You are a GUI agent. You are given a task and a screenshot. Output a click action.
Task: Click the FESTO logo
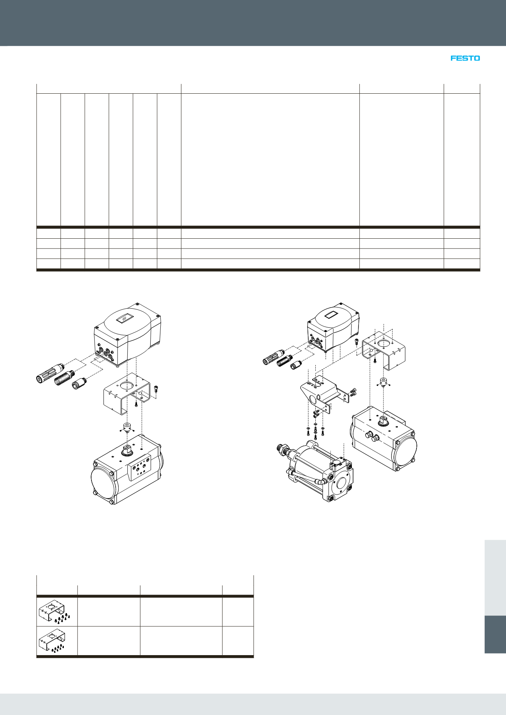click(x=465, y=58)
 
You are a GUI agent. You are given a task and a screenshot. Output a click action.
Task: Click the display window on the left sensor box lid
click(x=124, y=318)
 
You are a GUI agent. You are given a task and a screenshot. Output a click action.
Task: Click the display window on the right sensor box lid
click(x=332, y=315)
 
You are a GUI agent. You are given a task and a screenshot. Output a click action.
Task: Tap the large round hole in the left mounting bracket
click(x=127, y=386)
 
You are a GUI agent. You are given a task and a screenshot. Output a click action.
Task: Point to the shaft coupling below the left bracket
click(x=127, y=427)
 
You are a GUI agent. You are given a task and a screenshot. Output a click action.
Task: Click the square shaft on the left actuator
click(x=127, y=450)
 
